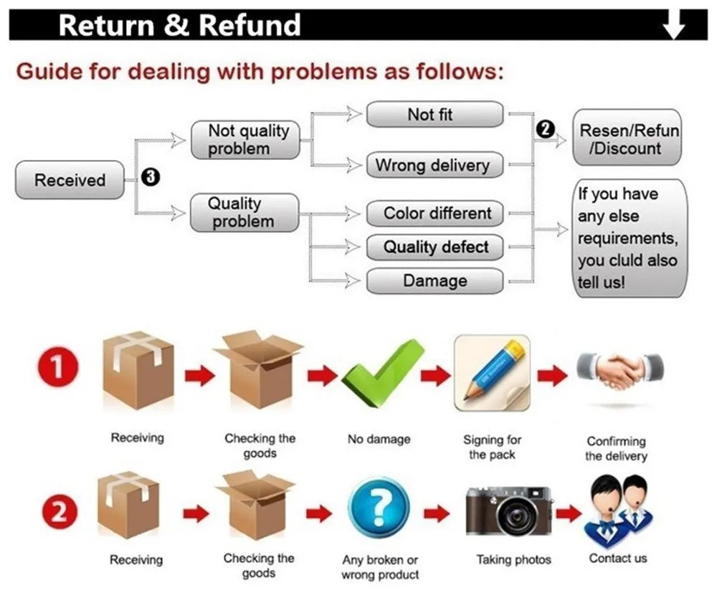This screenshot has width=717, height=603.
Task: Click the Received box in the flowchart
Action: pos(70,180)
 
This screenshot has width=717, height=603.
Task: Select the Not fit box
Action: pos(435,115)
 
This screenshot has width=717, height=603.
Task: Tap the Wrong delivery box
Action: pos(435,166)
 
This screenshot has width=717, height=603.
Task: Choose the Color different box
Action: pos(435,214)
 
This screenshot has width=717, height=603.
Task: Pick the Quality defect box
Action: pos(435,247)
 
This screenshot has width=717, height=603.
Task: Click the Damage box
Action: pos(435,281)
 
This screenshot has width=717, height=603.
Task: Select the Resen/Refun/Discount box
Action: pos(627,139)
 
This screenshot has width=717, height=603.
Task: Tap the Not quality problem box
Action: pos(244,140)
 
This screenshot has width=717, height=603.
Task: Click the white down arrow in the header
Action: pos(674,26)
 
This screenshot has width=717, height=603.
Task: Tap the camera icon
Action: pos(509,511)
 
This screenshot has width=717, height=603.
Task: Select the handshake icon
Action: pos(620,371)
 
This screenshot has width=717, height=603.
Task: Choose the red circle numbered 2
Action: pos(57,512)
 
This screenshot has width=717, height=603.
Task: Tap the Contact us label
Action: pos(617,558)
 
